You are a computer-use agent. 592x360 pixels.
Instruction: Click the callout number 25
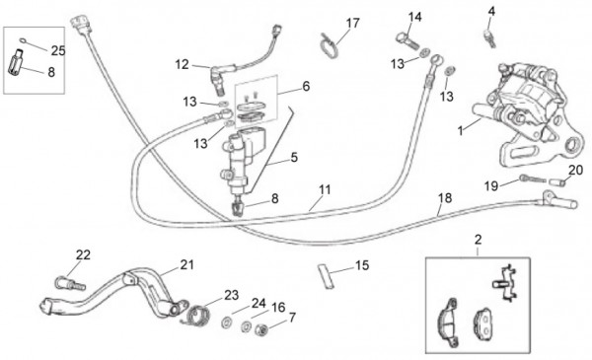[58, 50]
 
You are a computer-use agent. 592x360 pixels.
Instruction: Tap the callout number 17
[353, 23]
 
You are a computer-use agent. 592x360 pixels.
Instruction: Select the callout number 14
[414, 17]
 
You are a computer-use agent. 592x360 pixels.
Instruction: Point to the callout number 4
[491, 11]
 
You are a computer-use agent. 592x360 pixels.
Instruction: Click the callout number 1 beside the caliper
[460, 131]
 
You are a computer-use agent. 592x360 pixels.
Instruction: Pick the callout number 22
[83, 255]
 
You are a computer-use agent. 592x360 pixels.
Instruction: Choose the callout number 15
[362, 265]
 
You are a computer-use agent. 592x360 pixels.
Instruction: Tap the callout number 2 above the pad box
[478, 240]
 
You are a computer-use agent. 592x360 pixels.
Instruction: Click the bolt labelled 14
[407, 40]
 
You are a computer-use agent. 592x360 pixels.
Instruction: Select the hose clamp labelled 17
[328, 46]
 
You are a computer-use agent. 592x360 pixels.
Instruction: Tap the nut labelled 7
[261, 330]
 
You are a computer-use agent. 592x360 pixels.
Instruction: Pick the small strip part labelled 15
[326, 276]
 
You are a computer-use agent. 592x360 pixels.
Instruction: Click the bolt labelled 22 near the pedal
[71, 284]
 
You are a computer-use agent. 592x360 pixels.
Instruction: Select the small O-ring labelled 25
[23, 40]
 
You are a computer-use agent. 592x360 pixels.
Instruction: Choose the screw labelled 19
[533, 179]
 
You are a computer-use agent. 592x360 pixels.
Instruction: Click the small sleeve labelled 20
[557, 181]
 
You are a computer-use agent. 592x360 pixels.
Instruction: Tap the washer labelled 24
[227, 323]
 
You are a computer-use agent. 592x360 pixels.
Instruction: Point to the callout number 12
[182, 64]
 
